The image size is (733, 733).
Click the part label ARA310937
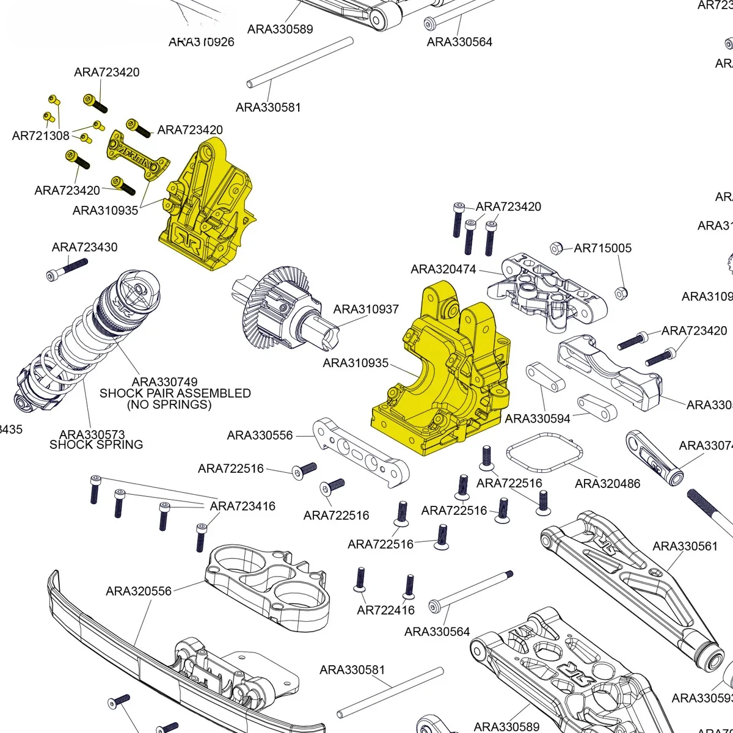[366, 309]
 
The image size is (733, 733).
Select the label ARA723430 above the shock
[84, 247]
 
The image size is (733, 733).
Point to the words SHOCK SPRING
[96, 445]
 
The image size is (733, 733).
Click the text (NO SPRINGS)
[169, 404]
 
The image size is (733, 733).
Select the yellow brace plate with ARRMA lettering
[137, 156]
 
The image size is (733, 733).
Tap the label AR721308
[40, 136]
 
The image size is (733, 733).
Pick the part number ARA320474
[443, 269]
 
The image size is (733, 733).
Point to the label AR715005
[602, 248]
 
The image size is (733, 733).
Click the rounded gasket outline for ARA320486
[544, 453]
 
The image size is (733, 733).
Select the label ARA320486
[607, 483]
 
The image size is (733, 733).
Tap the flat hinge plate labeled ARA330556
[360, 452]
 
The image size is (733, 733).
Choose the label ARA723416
[243, 506]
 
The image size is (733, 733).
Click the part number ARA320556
[139, 591]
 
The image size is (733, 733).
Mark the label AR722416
[385, 610]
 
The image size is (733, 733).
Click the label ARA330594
[538, 418]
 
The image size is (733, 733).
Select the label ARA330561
[685, 545]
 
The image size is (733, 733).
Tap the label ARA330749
[164, 382]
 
